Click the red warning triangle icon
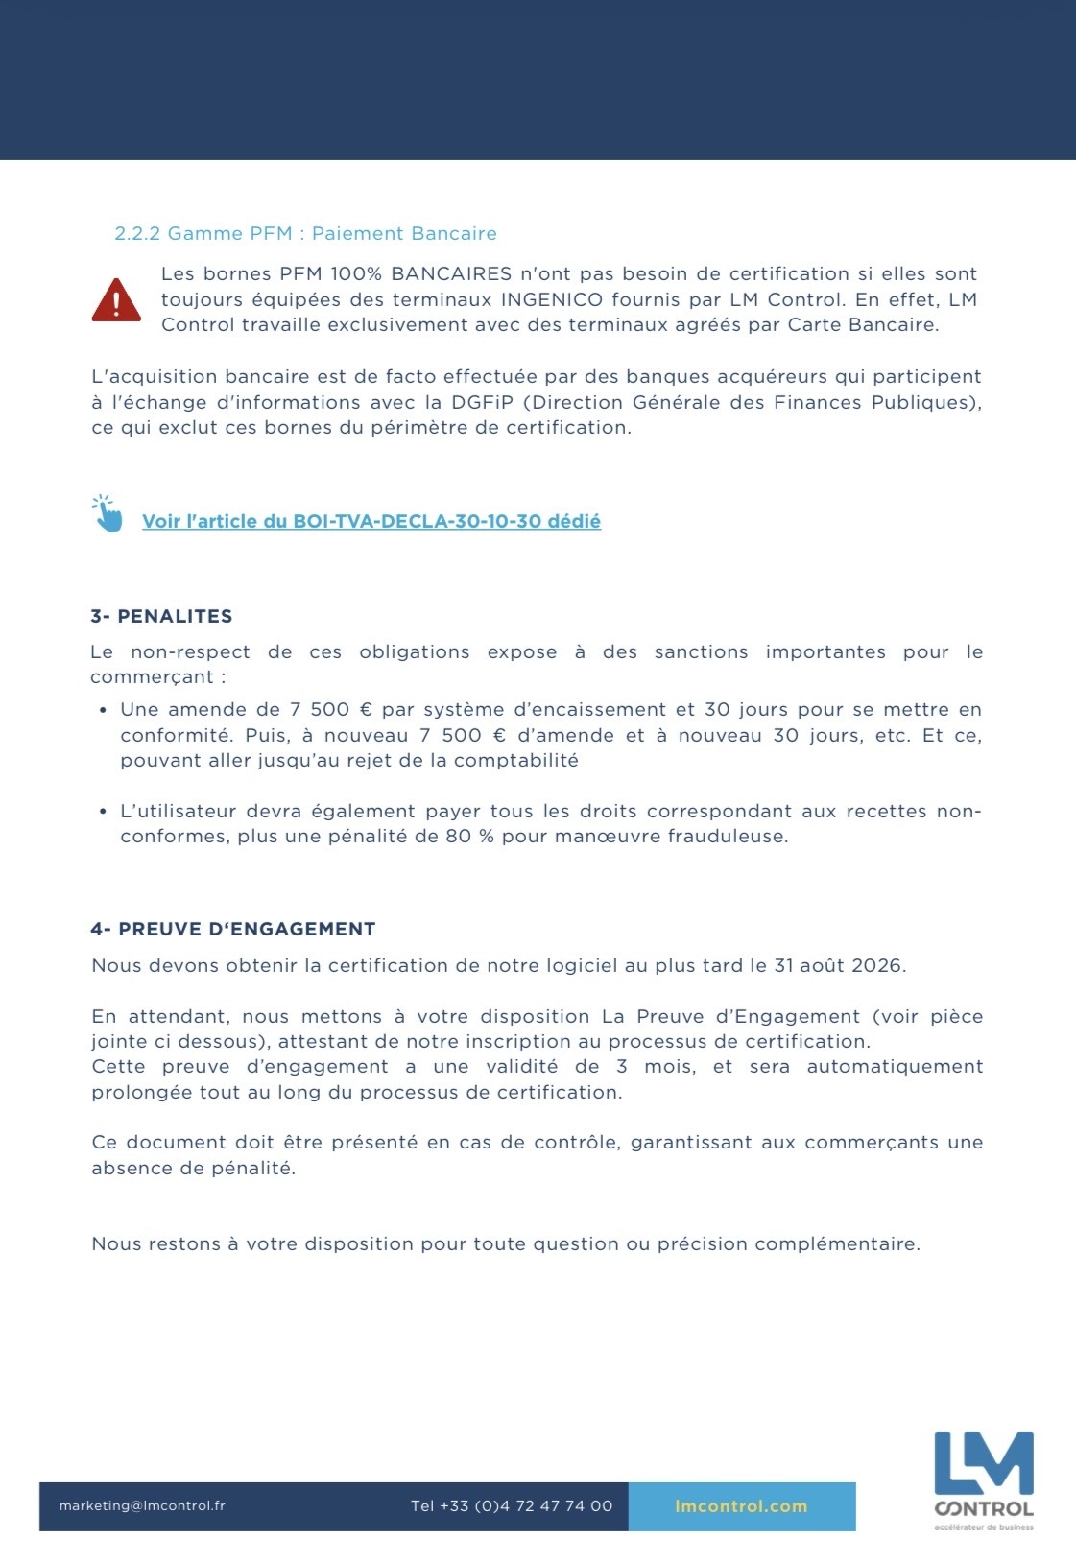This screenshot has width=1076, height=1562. click(116, 300)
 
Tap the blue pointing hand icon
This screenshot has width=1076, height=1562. click(108, 514)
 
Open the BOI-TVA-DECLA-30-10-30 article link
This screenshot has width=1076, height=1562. click(371, 521)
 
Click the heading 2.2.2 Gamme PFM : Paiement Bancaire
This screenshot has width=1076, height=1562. click(305, 233)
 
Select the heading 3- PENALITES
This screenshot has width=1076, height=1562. click(161, 616)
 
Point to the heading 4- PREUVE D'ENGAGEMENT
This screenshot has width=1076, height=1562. click(233, 929)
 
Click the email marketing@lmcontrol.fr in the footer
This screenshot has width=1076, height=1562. click(142, 1505)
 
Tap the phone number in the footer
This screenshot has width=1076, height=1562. click(512, 1505)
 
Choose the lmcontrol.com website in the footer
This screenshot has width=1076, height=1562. click(741, 1505)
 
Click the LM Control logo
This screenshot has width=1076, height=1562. click(984, 1479)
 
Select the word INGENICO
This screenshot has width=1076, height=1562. click(552, 299)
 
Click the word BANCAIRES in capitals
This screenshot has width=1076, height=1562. click(451, 273)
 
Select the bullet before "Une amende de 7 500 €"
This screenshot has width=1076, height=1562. click(103, 710)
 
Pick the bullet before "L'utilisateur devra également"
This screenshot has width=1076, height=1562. click(103, 812)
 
